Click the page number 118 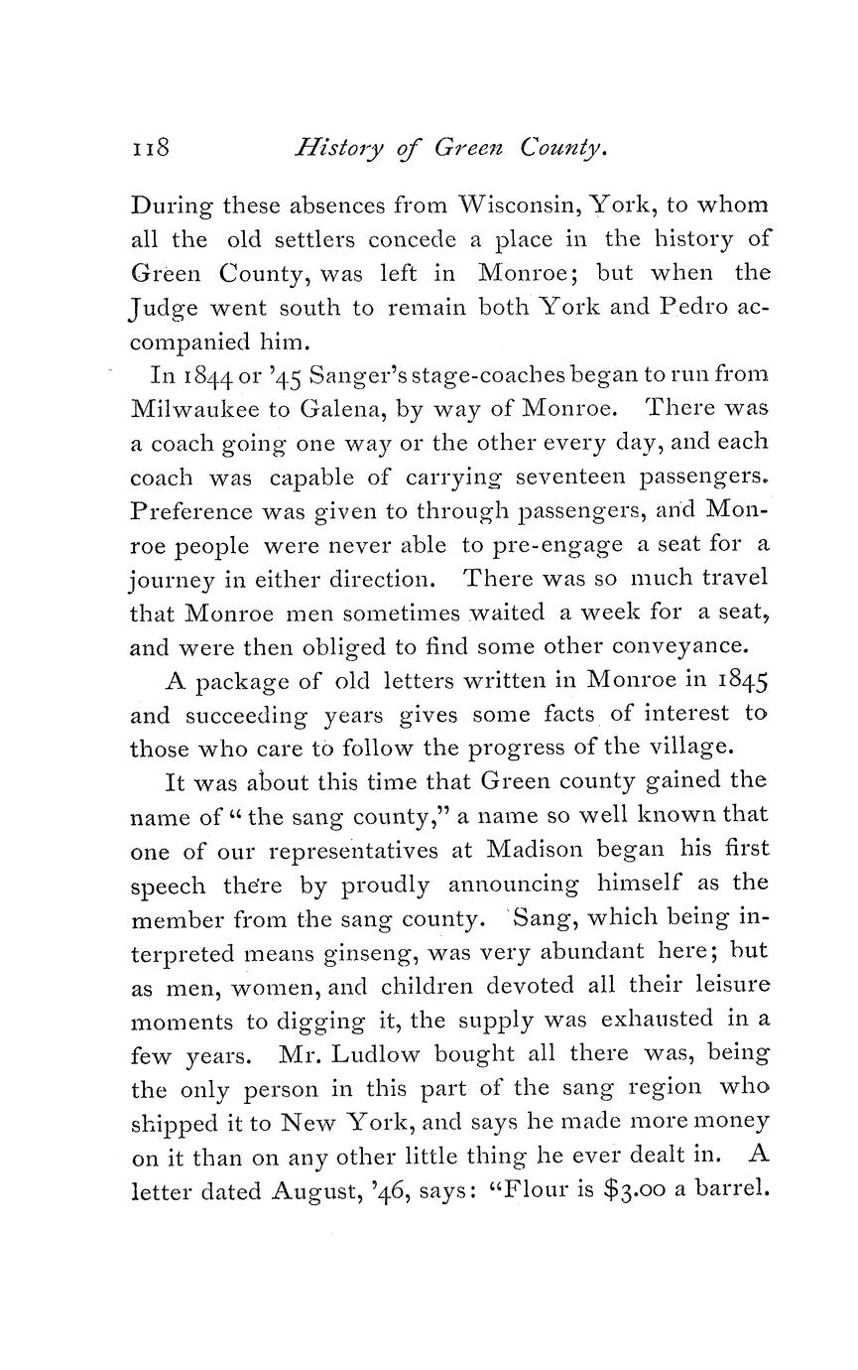pos(152,150)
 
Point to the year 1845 pos(733,681)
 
